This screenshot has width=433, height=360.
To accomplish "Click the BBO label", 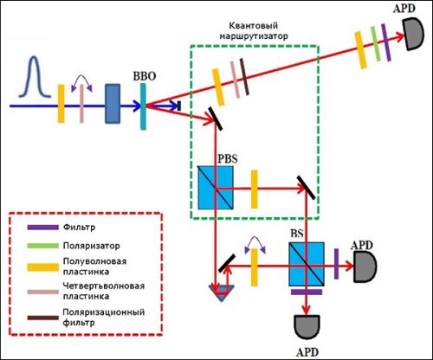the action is coord(145,76).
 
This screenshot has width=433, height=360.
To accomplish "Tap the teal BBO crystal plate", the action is coord(143,106).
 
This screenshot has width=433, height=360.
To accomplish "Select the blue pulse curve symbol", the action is coord(35,77).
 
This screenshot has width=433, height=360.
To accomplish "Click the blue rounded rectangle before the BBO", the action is coord(113,104).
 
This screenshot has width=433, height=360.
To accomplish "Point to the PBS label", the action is coord(228,159).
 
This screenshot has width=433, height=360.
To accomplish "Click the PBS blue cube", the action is coord(216,188).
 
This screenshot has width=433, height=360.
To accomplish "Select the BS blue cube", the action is coord(307,264).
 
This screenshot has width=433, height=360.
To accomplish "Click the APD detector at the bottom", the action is coord(307,327).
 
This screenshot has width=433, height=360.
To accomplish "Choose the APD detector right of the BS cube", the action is coord(365,267).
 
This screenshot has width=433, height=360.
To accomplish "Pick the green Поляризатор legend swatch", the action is coord(43,246).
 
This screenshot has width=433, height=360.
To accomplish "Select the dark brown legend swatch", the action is coord(43,318).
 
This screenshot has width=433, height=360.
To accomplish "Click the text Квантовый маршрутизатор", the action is coord(254,30).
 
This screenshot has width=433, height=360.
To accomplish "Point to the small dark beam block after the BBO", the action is coord(179,106).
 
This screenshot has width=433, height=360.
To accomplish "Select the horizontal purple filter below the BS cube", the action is coord(307,292).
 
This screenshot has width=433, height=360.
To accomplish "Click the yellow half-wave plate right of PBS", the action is coord(254,190).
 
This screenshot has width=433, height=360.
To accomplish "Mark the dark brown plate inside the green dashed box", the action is coord(244,77).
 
